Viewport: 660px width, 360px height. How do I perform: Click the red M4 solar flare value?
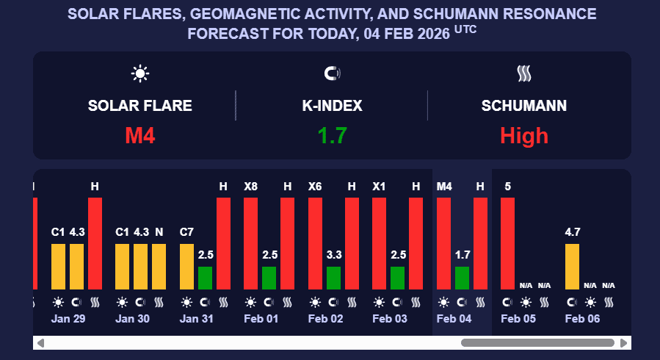point(139,135)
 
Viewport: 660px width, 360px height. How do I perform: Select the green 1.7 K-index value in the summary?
point(332,135)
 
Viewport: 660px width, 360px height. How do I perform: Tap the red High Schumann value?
point(524,135)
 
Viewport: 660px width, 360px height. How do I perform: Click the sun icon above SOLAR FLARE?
point(139,73)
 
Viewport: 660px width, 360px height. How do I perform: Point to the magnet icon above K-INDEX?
point(332,73)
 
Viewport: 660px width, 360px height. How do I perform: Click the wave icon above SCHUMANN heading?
point(524,73)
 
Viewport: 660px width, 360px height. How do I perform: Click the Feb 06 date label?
point(581,319)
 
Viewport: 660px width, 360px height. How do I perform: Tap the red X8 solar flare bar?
point(251,243)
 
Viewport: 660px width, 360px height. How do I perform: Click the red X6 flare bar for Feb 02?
point(315,243)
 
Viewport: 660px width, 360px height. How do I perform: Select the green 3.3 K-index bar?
point(333,278)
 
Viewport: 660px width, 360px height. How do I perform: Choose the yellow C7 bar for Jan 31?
point(186,266)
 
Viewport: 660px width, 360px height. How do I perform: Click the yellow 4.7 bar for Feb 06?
point(572,266)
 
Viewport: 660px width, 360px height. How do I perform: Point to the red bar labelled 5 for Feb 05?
point(508,243)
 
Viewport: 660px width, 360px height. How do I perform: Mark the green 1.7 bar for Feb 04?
point(462,278)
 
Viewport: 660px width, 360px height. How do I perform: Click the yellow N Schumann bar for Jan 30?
point(159,266)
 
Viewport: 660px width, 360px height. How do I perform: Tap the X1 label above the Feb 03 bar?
point(380,187)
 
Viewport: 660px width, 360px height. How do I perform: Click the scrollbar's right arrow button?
point(624,343)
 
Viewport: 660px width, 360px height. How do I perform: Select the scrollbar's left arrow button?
point(40,343)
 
